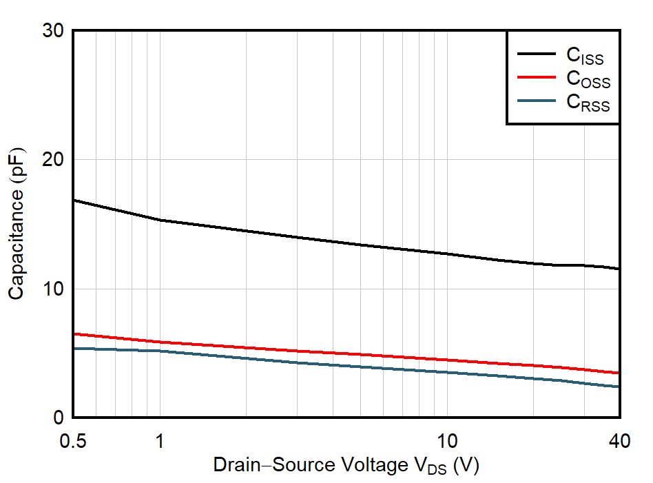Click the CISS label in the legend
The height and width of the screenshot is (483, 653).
pos(585,56)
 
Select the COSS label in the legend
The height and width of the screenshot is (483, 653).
pos(588,79)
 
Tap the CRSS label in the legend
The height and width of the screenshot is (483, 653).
pos(588,103)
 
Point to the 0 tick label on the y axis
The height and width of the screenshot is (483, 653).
pos(59,418)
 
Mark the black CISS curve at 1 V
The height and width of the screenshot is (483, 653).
pos(160,220)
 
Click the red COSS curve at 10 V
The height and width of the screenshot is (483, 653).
pos(448,360)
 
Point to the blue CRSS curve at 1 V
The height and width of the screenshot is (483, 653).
pos(160,351)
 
